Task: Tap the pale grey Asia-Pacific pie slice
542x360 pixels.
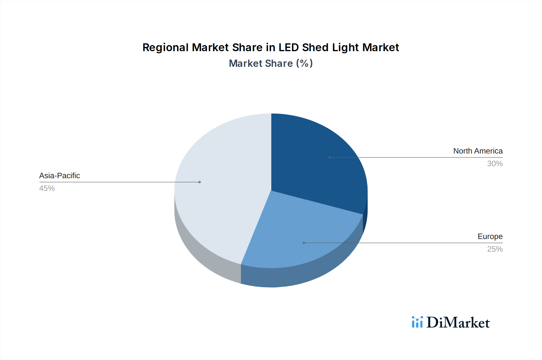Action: (x=223, y=193)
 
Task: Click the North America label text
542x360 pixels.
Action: (x=478, y=151)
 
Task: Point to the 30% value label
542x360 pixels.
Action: (x=495, y=163)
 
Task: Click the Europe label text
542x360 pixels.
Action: (x=490, y=236)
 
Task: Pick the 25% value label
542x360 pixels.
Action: (x=495, y=249)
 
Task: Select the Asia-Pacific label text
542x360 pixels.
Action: (x=60, y=175)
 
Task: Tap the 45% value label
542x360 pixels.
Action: (x=47, y=188)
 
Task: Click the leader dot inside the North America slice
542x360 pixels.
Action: (x=330, y=157)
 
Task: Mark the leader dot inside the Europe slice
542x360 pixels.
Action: (x=304, y=243)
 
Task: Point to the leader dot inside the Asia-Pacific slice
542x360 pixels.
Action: (x=200, y=182)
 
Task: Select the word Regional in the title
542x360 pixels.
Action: (x=166, y=48)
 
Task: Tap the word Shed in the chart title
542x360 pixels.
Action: (x=315, y=48)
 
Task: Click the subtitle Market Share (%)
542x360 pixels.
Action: (x=271, y=64)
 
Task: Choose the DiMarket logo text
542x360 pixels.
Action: (x=458, y=323)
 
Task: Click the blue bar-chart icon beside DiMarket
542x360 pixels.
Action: (x=417, y=322)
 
